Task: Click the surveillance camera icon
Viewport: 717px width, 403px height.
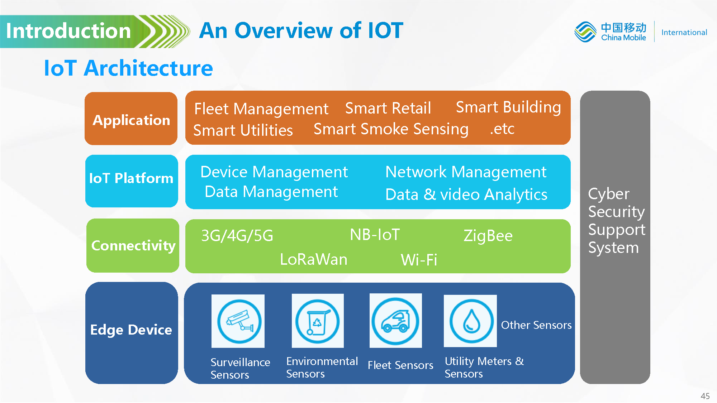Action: click(x=238, y=321)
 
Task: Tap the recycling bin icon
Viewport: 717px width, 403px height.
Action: click(x=318, y=321)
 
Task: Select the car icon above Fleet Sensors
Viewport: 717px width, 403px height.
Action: click(x=396, y=321)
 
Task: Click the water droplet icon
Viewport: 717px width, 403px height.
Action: click(x=470, y=321)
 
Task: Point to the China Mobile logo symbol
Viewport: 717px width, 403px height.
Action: click(x=585, y=32)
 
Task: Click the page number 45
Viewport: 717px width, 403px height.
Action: click(x=705, y=396)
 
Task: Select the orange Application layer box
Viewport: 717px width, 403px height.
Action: click(x=131, y=119)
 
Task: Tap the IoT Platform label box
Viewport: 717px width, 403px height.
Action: click(x=132, y=181)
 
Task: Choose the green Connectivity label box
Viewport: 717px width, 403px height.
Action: click(x=133, y=245)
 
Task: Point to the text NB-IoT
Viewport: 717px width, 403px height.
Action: click(x=375, y=235)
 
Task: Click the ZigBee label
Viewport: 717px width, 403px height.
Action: click(x=488, y=236)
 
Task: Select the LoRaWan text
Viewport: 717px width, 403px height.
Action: click(x=314, y=259)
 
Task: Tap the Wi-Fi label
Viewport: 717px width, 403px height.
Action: click(x=419, y=260)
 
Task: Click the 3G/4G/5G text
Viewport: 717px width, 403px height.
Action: click(x=237, y=236)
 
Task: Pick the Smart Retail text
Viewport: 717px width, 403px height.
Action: click(x=388, y=108)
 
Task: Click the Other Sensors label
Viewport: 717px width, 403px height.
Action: click(x=536, y=325)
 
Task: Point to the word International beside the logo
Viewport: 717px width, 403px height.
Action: click(x=684, y=32)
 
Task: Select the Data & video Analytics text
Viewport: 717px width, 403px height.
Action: click(x=466, y=195)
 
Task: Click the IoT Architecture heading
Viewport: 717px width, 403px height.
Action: click(x=128, y=68)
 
